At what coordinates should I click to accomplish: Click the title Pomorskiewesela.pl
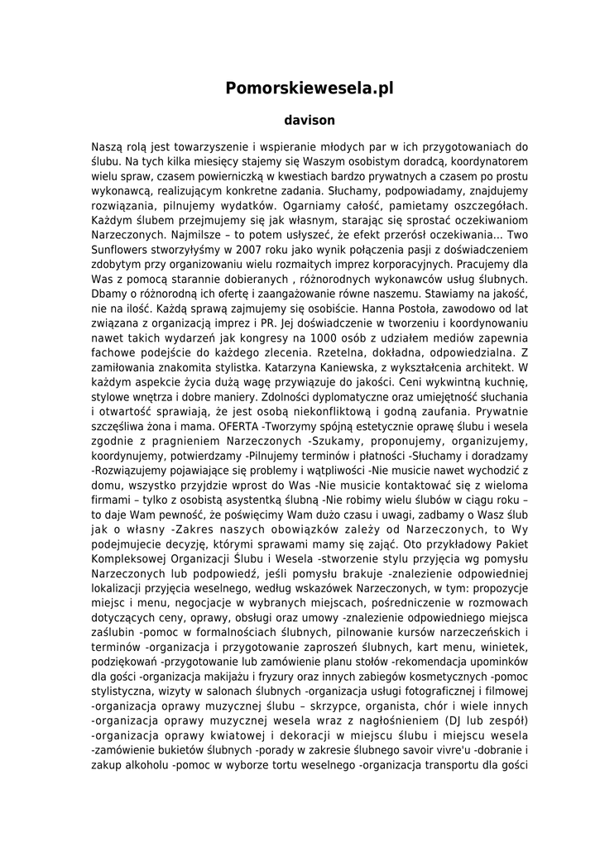pos(300,88)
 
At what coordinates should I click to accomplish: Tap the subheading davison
pos(300,120)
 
